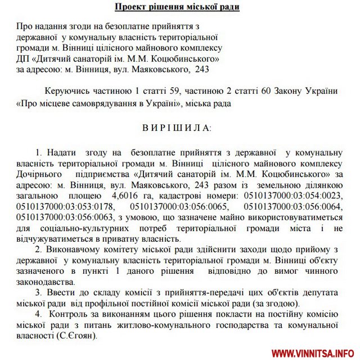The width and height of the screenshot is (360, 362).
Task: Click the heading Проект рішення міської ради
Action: (177, 7)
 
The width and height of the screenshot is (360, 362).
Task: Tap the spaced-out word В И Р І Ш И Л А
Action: (177, 128)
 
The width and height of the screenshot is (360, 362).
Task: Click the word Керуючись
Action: (66, 92)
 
